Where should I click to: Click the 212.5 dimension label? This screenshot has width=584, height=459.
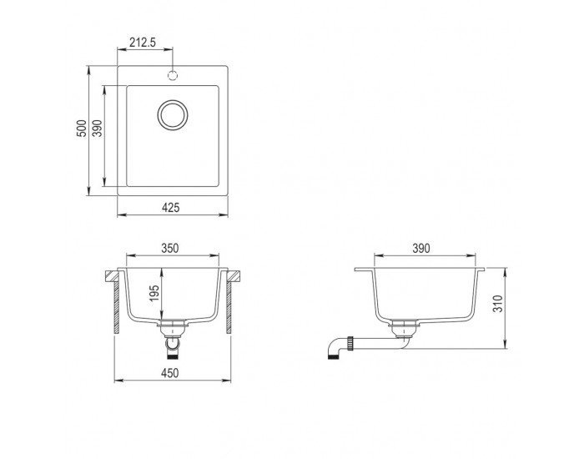(x=143, y=43)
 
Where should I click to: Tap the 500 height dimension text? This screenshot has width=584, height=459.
(x=82, y=129)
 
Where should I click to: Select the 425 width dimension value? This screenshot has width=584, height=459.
(x=170, y=207)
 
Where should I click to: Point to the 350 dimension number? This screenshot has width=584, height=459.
(x=170, y=248)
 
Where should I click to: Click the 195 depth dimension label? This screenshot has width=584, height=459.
(x=154, y=293)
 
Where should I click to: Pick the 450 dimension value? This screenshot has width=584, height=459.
(x=170, y=373)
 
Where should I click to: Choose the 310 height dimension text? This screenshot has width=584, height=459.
(x=498, y=303)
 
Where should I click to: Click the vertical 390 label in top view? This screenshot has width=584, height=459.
(x=98, y=129)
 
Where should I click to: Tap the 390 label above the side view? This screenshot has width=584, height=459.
(x=421, y=248)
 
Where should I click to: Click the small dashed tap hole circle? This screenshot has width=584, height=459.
(x=173, y=75)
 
